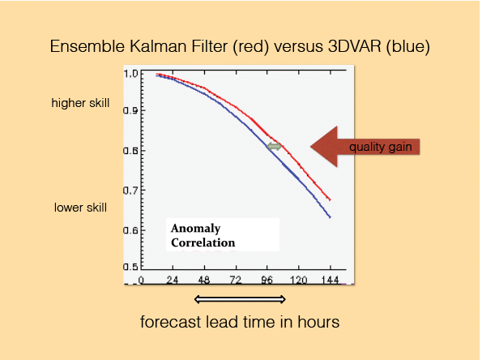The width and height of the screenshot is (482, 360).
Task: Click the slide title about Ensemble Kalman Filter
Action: coord(241,46)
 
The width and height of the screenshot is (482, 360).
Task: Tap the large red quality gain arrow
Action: coord(364,147)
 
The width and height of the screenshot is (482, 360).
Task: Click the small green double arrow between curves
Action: coord(275,146)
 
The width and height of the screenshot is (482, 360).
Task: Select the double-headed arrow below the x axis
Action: coord(241,299)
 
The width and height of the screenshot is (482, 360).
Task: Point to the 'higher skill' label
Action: coord(79,103)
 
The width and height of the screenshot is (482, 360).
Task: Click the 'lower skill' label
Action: coord(80,208)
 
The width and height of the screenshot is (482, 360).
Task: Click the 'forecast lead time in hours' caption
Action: coord(241,322)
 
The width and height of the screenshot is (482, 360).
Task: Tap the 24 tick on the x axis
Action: coord(172,281)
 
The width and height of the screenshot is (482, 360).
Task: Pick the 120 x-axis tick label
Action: coord(296,281)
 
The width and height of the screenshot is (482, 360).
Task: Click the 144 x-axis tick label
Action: coord(330,281)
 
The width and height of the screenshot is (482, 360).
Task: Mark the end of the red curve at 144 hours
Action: coord(330,199)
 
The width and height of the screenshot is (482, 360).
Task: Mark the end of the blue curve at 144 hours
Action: coord(330,217)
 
